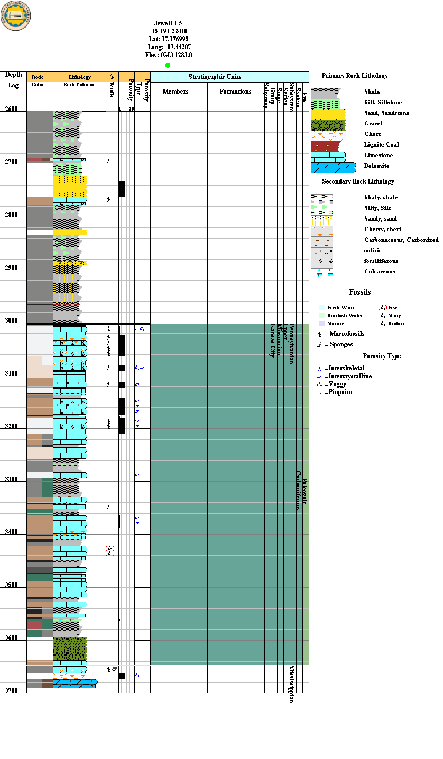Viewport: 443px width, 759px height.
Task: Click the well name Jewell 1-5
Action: (168, 23)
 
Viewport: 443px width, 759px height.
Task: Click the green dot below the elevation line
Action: (168, 65)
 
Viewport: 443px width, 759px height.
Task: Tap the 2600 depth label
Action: (12, 109)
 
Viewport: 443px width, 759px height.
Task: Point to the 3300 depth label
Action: (12, 479)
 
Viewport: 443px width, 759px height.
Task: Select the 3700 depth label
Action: (12, 691)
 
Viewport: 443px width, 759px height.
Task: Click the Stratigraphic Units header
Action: (215, 77)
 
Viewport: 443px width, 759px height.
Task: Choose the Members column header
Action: (176, 92)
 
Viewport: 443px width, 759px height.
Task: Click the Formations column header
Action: (235, 92)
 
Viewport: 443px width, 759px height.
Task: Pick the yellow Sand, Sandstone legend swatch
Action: (328, 114)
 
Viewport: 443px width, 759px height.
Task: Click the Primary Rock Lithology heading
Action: (355, 76)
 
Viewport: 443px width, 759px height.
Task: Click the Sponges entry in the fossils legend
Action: (341, 344)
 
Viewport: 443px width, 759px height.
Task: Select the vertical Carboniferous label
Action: (298, 490)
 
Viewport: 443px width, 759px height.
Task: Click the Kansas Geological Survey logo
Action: (16, 15)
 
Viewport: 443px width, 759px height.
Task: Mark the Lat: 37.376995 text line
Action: (169, 39)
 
